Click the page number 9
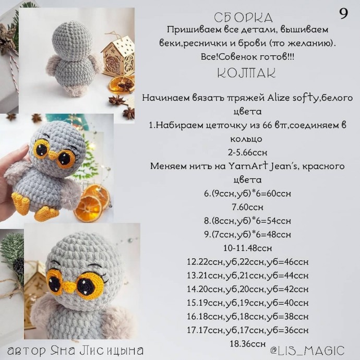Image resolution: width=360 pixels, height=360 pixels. coord(343,15)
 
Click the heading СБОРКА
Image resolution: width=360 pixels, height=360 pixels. coord(243,18)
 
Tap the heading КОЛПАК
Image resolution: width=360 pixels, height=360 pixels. coord(246,73)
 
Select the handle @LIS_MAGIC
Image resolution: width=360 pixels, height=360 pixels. coord(307,351)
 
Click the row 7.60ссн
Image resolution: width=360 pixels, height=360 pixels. coord(247,207)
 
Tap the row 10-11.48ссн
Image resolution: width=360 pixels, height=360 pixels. coord(247,248)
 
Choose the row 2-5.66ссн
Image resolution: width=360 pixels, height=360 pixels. coord(247,153)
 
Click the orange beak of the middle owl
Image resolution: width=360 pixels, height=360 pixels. coord(53,155)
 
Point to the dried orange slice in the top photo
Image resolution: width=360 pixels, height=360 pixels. coord(122,83)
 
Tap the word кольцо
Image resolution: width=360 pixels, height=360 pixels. coord(246,139)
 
